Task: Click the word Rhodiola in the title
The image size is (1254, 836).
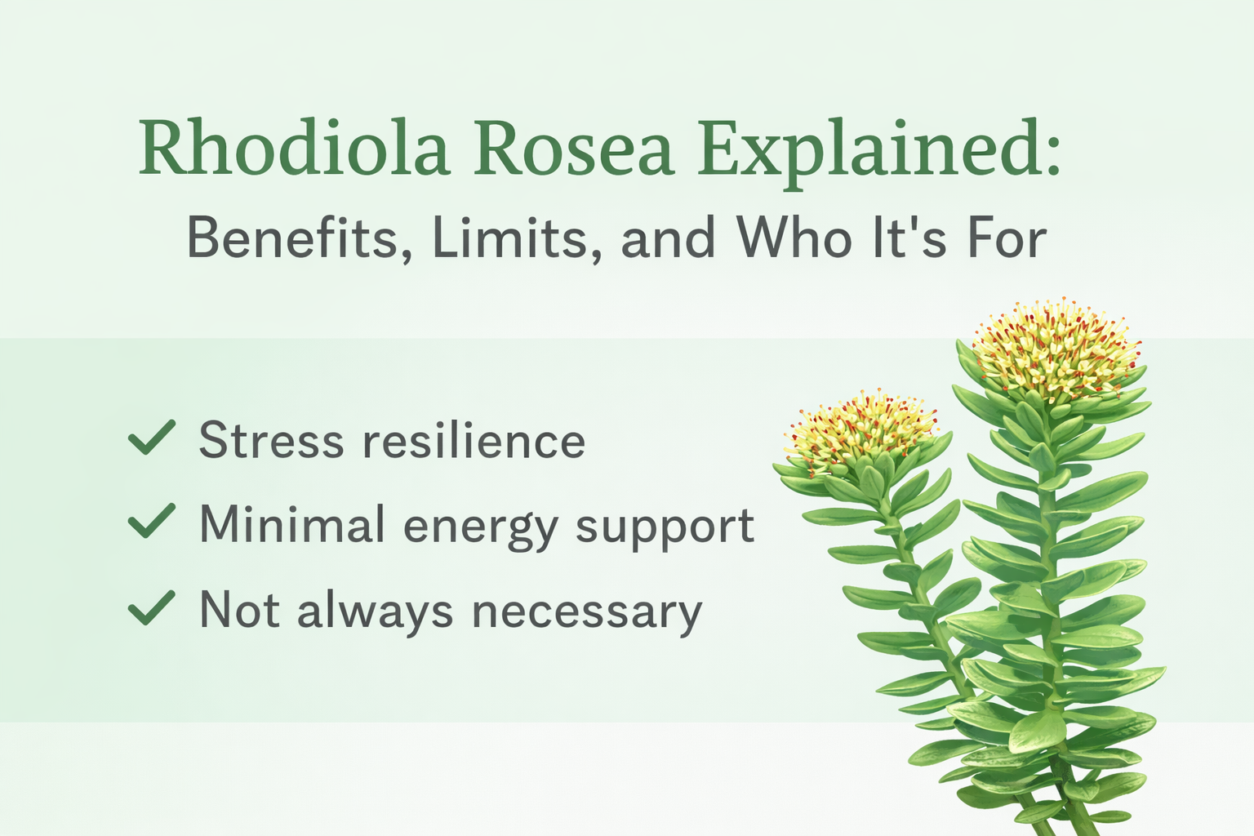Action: tap(295, 149)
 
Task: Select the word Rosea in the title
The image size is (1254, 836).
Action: tap(574, 149)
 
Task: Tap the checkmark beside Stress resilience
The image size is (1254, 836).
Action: tap(152, 438)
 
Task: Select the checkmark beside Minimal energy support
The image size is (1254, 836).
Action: tap(152, 522)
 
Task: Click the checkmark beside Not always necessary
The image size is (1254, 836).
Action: tap(152, 608)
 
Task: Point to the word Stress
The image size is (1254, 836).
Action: tap(272, 441)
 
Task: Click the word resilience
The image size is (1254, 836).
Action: tap(474, 441)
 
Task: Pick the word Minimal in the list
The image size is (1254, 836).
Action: tap(292, 524)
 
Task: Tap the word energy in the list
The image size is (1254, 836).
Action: tap(481, 527)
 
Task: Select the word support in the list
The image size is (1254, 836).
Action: tap(665, 527)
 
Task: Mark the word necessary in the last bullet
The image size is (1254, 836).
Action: tap(587, 612)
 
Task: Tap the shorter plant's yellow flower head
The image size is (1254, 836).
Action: tap(860, 431)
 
